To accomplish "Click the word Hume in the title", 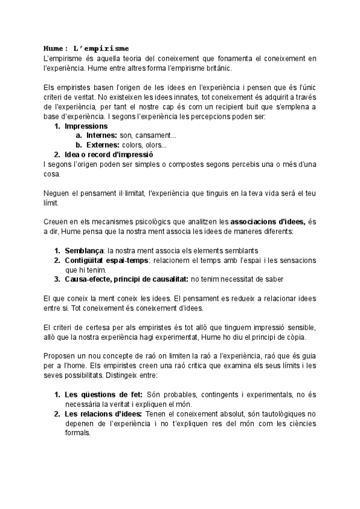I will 55,47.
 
